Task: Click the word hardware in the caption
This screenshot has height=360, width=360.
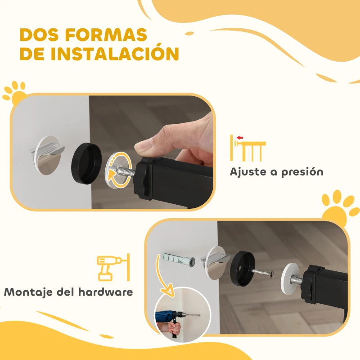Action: click(105, 292)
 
